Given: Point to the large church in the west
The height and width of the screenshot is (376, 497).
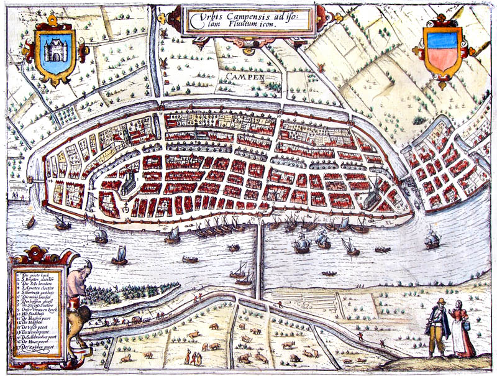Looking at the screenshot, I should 129,182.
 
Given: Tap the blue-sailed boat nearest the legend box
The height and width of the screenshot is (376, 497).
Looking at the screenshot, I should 119,255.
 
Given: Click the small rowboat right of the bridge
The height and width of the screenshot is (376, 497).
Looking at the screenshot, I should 329,273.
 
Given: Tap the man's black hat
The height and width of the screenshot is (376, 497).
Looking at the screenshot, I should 440,301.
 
